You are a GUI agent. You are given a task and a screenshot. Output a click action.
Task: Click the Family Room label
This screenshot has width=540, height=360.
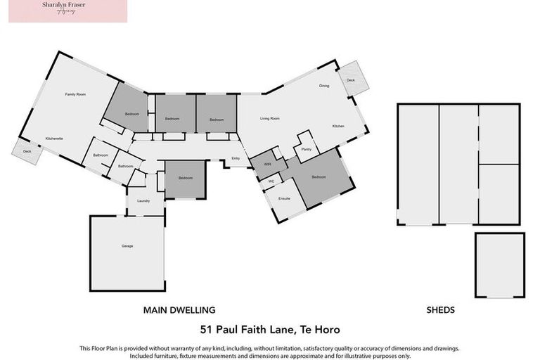[x=75, y=94]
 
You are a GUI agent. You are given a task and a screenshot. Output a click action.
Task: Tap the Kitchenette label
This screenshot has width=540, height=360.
[x=55, y=139]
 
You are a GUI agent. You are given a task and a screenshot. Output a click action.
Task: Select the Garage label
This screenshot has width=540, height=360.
[x=127, y=246]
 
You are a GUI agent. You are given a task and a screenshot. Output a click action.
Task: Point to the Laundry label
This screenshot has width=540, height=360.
[x=143, y=201]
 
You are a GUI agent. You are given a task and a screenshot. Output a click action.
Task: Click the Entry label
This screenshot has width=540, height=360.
[x=236, y=158]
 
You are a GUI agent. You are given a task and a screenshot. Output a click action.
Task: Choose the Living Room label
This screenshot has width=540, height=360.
[x=270, y=119]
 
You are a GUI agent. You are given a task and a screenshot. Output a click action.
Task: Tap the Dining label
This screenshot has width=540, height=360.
[x=324, y=86]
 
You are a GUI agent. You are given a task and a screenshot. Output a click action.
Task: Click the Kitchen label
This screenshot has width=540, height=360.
[x=338, y=126]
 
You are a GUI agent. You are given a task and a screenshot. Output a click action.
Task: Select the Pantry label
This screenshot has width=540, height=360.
[x=306, y=150]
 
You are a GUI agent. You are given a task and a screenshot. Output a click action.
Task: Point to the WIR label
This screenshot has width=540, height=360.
[x=267, y=164]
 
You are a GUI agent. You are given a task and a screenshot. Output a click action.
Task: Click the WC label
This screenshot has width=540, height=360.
[x=271, y=181]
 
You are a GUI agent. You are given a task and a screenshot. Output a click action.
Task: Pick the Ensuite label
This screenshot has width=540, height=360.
[x=285, y=199]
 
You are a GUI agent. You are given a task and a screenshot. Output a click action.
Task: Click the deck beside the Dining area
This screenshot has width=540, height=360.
[x=352, y=79]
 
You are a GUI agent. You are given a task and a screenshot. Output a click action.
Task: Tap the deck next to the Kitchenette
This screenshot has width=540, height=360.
[x=27, y=152]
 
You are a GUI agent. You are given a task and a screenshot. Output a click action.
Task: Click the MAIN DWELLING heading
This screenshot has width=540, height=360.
[x=179, y=309]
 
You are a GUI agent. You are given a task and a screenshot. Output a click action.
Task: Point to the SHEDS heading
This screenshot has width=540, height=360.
[x=441, y=309]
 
